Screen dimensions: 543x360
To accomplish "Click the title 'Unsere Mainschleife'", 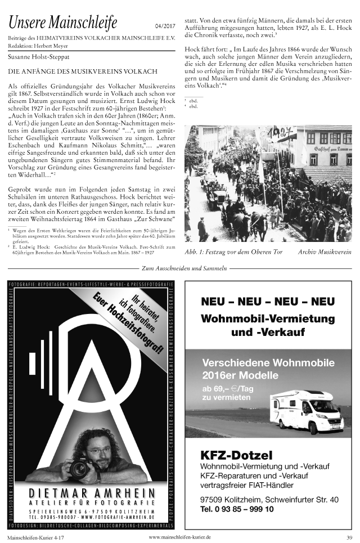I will pos(62,23).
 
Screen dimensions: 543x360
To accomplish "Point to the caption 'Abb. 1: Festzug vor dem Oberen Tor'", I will pos(233,252).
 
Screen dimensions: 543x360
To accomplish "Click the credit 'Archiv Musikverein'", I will pos(325,252).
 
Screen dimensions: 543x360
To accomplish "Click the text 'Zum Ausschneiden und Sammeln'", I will pos(180,268).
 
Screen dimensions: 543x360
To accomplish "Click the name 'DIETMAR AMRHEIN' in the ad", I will pos(96,493).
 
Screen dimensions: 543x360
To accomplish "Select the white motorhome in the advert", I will pos(306,410).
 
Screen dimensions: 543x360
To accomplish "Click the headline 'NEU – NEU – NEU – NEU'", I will pos(268,302).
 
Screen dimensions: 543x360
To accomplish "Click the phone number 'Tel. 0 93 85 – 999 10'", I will pos(237,509).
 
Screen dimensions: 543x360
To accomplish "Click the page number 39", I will pos(349,537).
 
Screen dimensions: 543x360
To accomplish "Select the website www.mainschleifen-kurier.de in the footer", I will pos(179,537).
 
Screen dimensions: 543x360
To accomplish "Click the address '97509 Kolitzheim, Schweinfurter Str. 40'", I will pos(269,499).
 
